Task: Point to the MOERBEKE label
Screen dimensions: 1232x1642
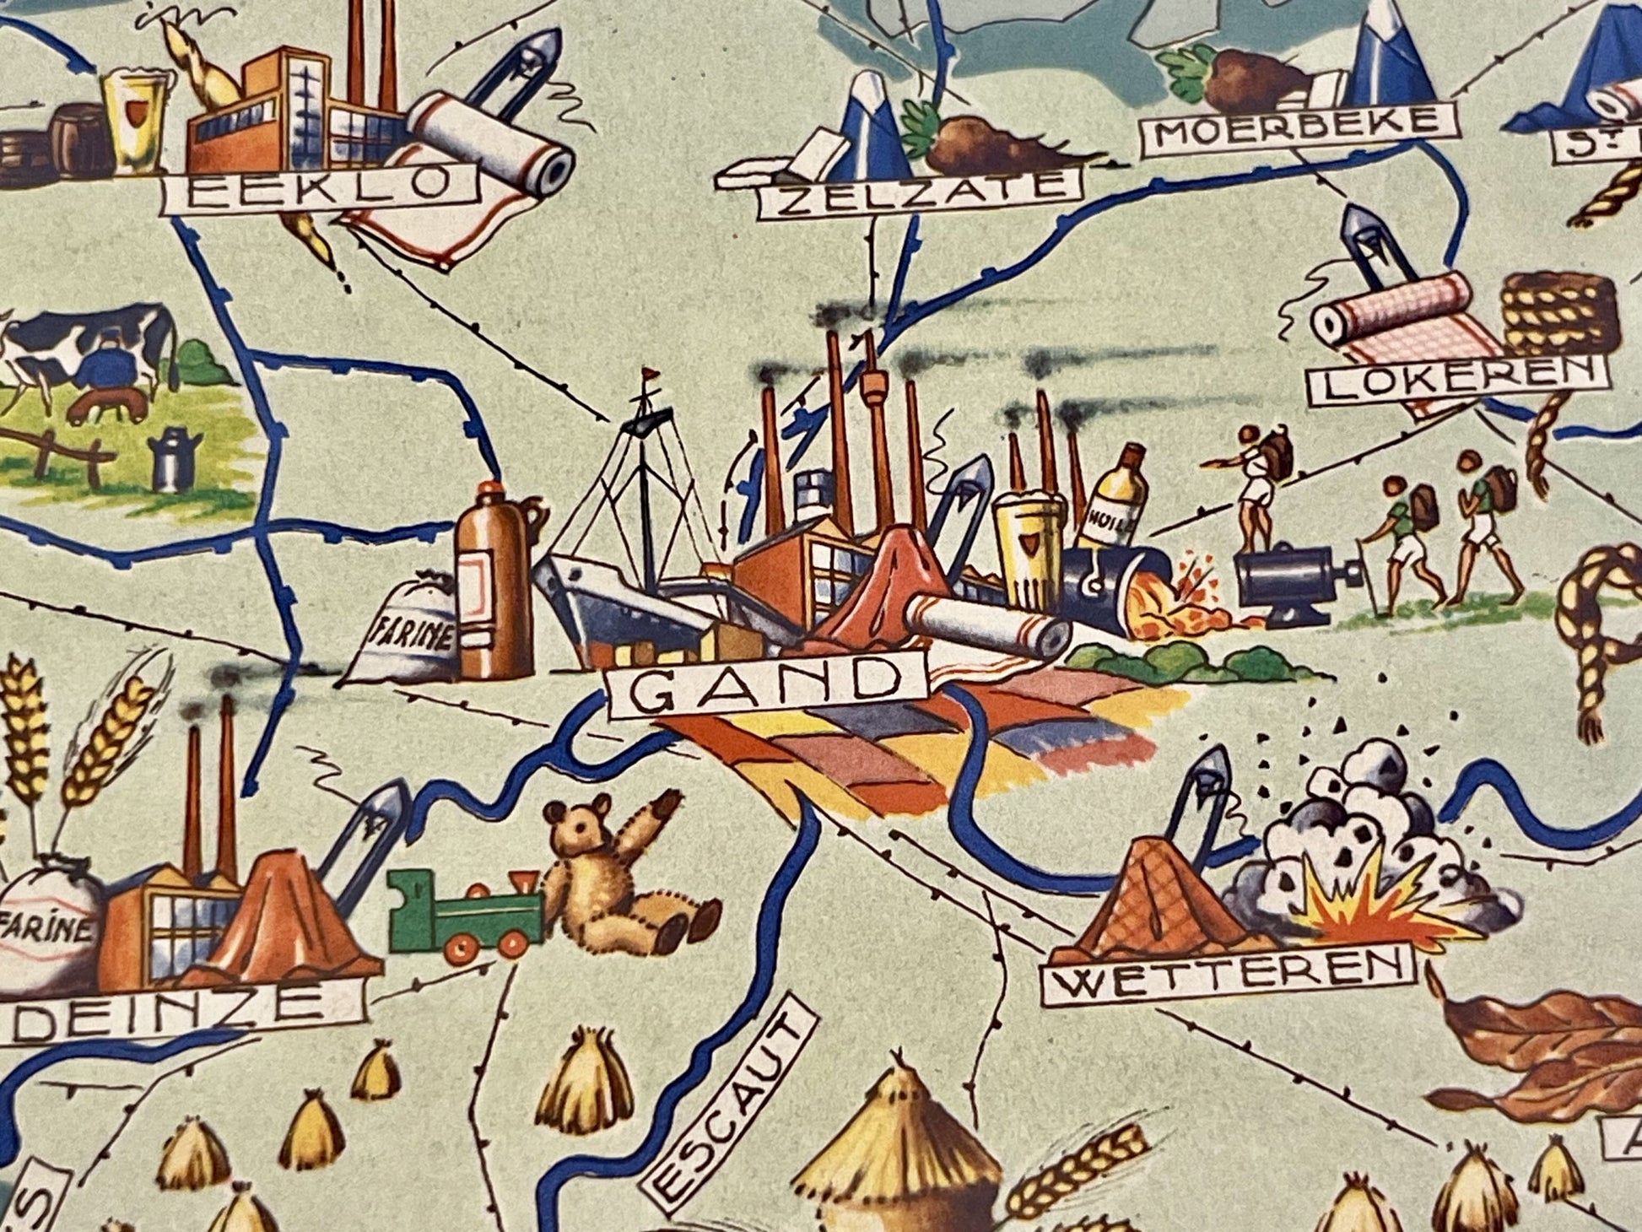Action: pyautogui.click(x=1299, y=128)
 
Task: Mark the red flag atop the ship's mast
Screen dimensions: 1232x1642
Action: pyautogui.click(x=649, y=372)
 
